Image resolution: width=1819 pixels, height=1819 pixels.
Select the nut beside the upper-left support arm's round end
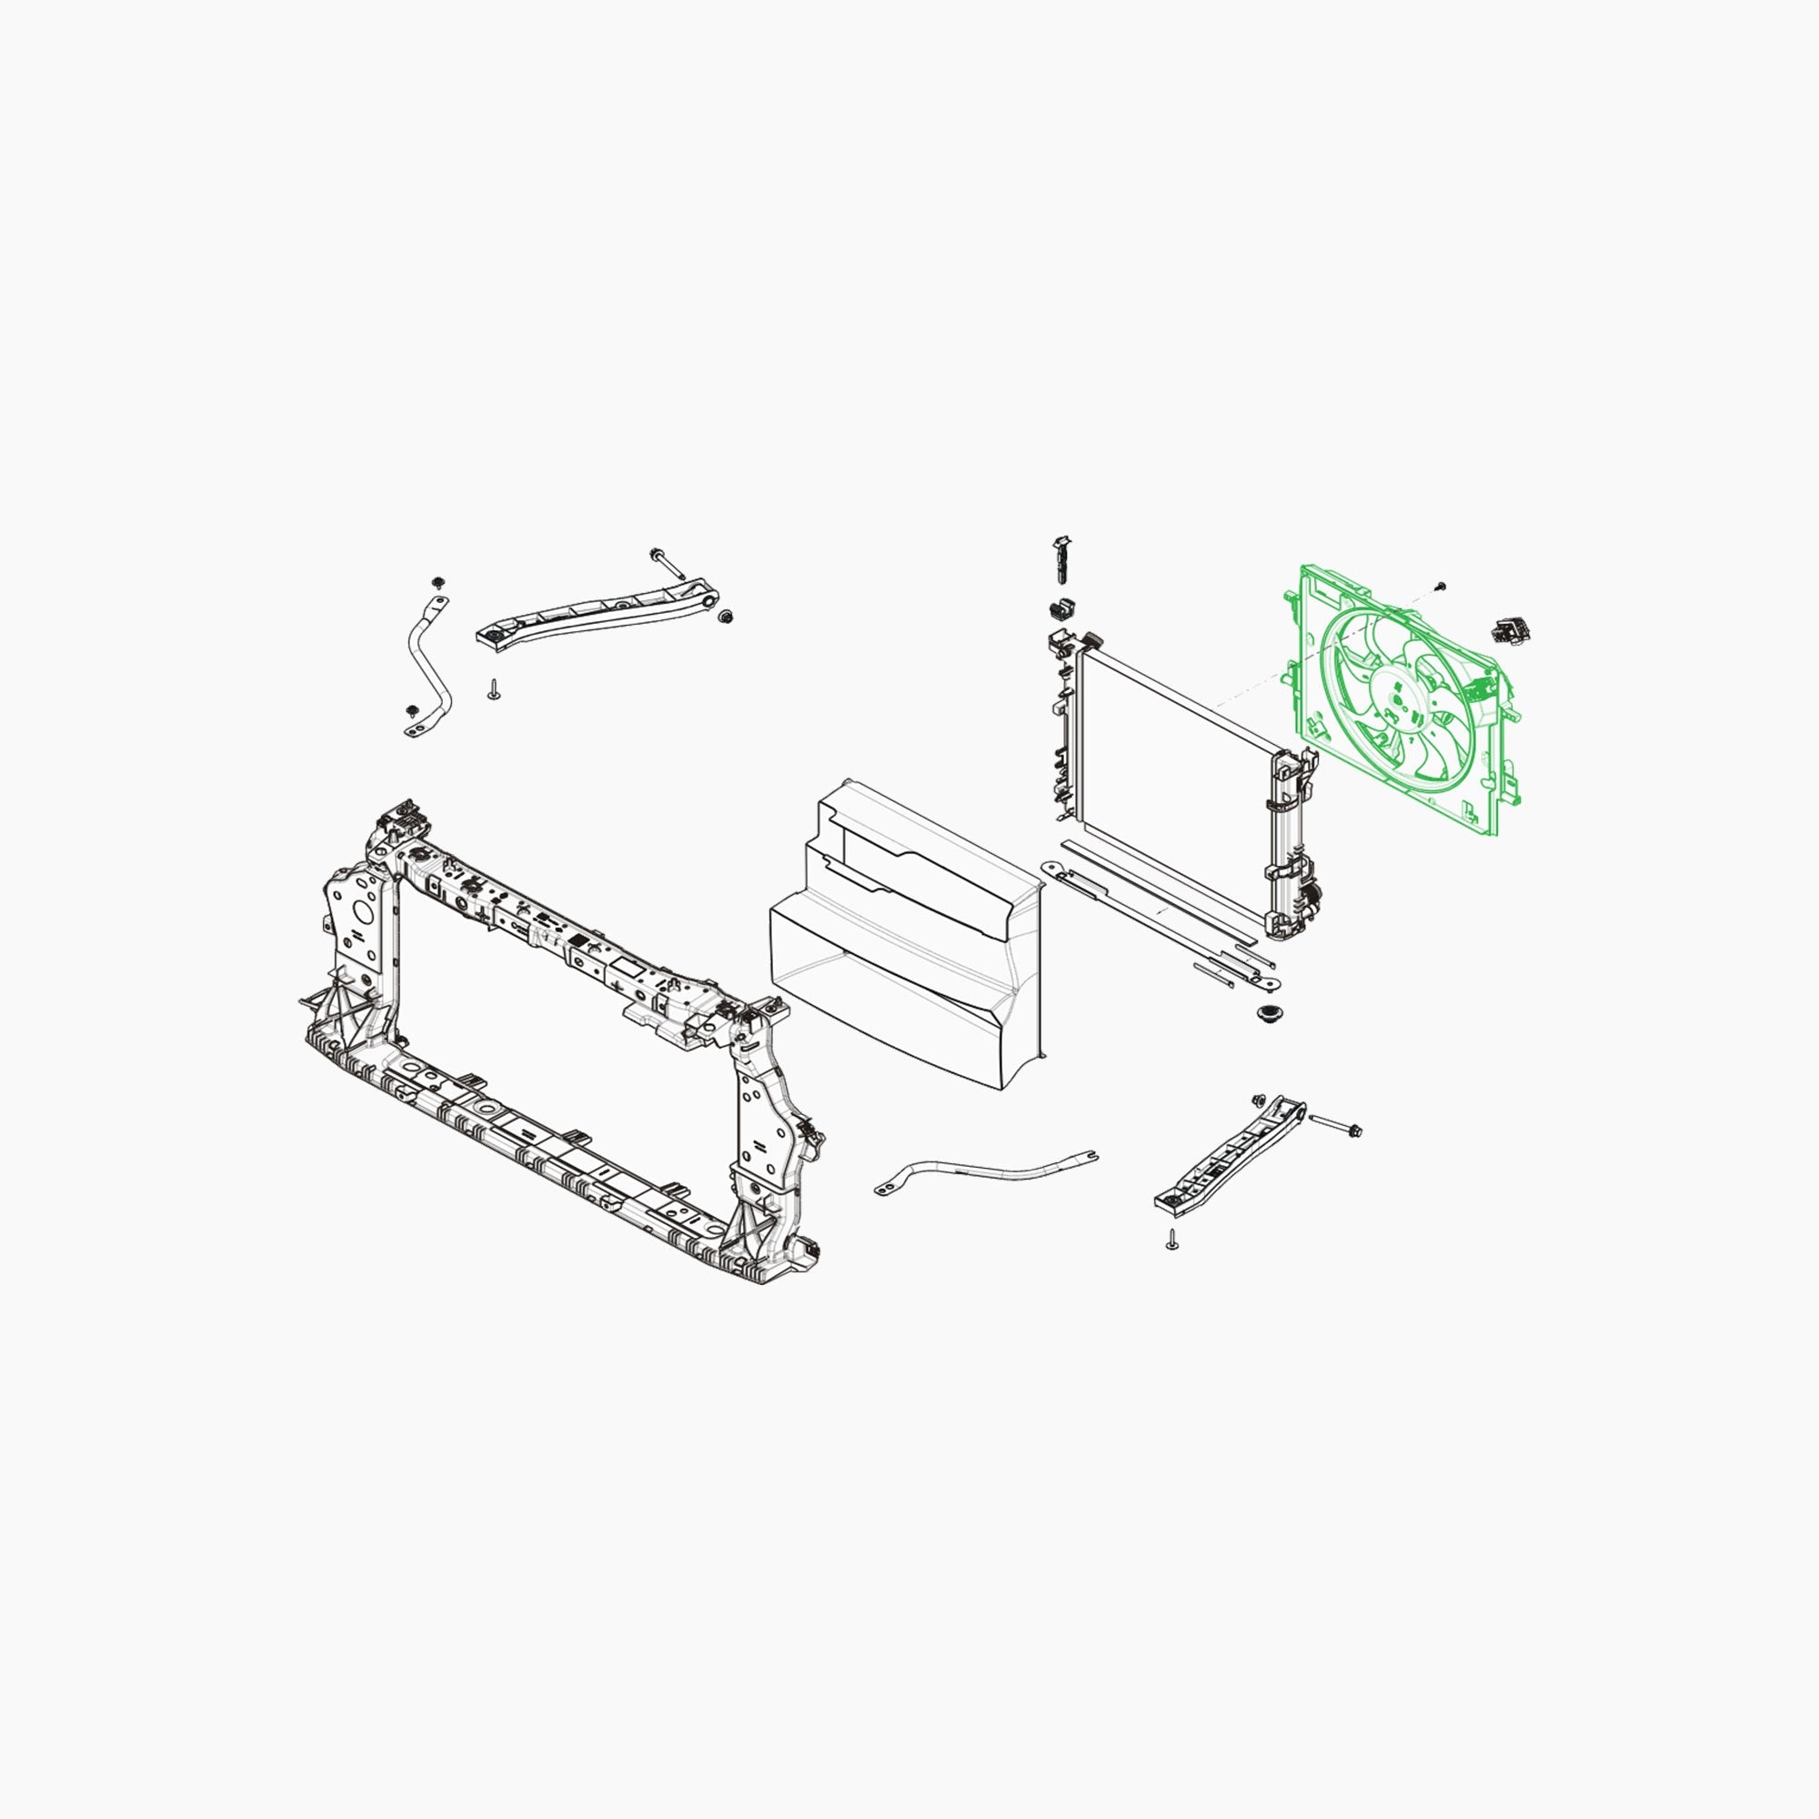pyautogui.click(x=725, y=617)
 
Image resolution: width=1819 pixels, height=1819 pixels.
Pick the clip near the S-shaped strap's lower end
pyautogui.click(x=411, y=711)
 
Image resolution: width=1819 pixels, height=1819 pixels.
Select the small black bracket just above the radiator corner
pyautogui.click(x=1062, y=608)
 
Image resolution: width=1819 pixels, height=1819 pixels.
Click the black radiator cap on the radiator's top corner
pyautogui.click(x=1092, y=640)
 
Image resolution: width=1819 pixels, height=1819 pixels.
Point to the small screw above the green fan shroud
pyautogui.click(x=1441, y=587)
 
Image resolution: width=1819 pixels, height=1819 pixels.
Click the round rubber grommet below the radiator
pyautogui.click(x=1268, y=1015)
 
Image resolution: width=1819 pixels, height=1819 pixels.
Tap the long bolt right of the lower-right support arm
pyautogui.click(x=1334, y=1124)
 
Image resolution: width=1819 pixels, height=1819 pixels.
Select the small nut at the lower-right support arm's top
pyautogui.click(x=1259, y=1100)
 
